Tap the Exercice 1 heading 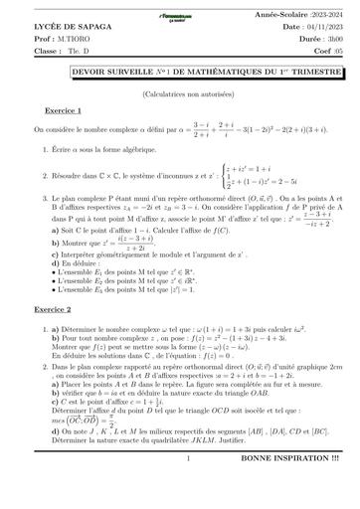pos(64,111)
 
